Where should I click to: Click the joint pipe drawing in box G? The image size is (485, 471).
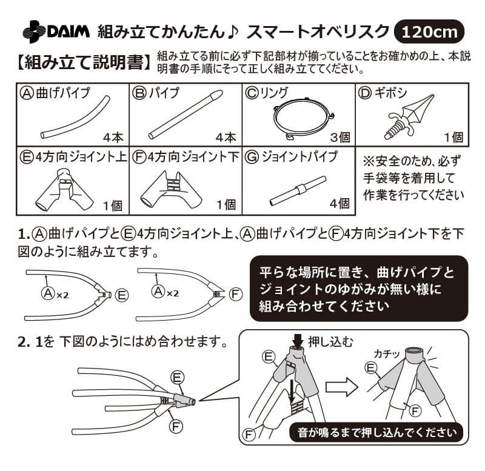297,191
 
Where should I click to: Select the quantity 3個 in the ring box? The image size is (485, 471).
339,138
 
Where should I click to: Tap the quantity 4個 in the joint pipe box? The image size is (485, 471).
339,204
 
